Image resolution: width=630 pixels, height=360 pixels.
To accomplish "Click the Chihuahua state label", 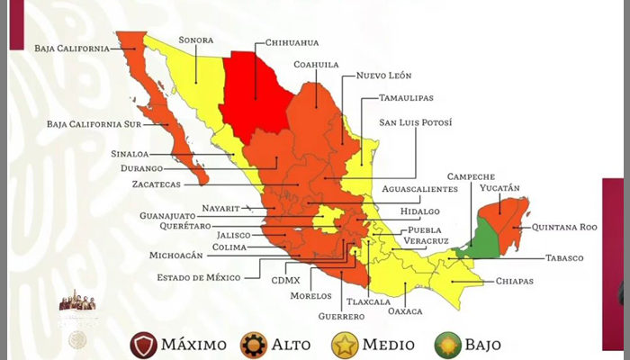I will (292, 42).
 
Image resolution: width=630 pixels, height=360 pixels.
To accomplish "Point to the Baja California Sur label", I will (94, 123).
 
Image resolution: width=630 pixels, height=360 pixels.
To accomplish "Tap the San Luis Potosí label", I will (415, 122).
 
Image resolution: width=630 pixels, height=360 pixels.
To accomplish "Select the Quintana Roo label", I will (564, 228).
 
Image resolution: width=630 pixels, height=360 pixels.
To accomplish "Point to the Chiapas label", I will (514, 281).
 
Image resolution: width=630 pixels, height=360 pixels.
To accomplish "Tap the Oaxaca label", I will (402, 311).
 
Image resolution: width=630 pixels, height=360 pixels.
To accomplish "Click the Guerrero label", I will (341, 317).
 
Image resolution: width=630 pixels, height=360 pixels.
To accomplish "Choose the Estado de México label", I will (206, 277).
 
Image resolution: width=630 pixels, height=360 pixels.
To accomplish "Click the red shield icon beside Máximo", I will (142, 344).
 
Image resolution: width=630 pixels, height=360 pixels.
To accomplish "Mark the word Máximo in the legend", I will (193, 345).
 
